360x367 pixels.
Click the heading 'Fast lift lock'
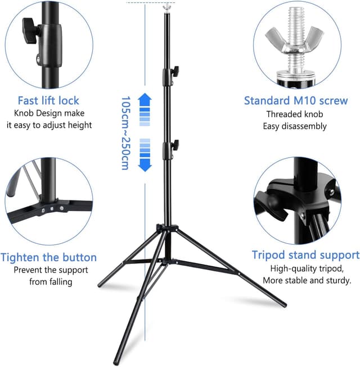48,101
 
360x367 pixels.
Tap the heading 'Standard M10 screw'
296,101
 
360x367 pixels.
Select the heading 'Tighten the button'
48,257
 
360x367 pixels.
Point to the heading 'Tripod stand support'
305,255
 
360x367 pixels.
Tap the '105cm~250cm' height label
125,133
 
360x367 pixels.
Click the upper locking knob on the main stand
175,70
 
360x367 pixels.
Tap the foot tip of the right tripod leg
283,305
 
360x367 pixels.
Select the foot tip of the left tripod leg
100,285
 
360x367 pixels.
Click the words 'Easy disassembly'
295,126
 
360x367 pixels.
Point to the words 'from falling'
51,281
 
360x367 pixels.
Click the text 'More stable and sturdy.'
307,280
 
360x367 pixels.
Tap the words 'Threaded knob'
295,114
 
